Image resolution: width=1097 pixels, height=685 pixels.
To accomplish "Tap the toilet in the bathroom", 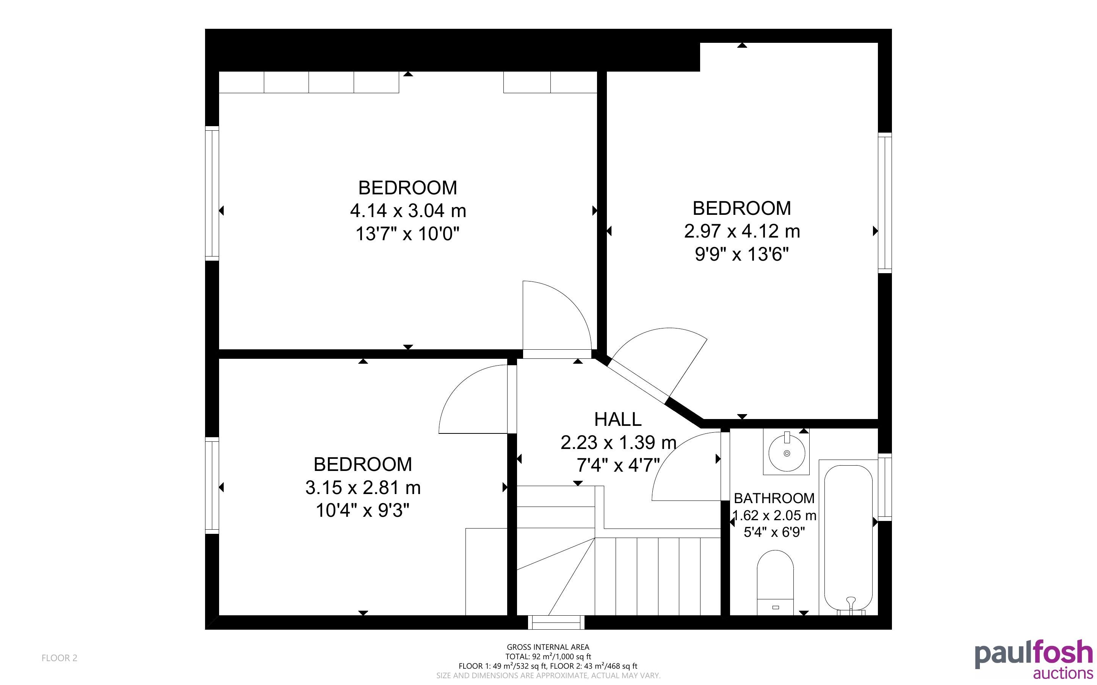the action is [775, 583].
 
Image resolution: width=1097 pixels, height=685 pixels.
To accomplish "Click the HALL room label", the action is [617, 419].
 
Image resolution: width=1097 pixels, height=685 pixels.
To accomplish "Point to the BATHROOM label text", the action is [774, 498].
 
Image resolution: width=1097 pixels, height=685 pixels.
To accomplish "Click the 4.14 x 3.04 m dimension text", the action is [408, 211].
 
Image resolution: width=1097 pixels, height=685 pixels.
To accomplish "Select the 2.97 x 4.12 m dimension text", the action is [742, 231].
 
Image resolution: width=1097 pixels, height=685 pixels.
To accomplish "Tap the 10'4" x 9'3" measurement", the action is [362, 511].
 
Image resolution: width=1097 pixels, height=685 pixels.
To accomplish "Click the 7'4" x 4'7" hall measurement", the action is [618, 465].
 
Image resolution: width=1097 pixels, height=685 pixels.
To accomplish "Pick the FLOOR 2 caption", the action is [60, 658].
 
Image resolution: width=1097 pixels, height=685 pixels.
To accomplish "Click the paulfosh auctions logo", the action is [1034, 659].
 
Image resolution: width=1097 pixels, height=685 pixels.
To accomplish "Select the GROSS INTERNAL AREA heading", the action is [548, 647].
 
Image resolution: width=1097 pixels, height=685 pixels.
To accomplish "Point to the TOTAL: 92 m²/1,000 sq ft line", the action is [548, 657].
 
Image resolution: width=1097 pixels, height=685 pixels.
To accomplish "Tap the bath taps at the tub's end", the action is [851, 606].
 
